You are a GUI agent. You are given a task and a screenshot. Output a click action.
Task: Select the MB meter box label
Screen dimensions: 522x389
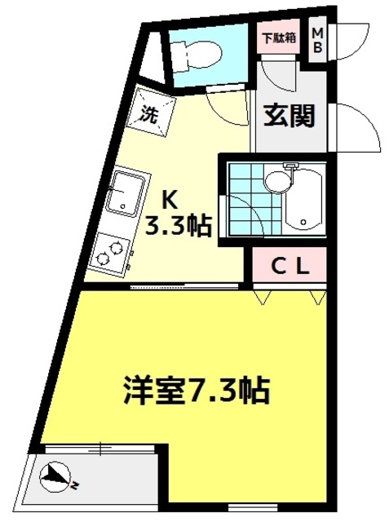click(318, 40)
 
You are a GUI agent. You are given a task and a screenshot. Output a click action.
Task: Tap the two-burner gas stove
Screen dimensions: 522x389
click(111, 250)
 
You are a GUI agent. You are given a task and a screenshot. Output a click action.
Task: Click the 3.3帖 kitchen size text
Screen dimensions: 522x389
click(178, 225)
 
